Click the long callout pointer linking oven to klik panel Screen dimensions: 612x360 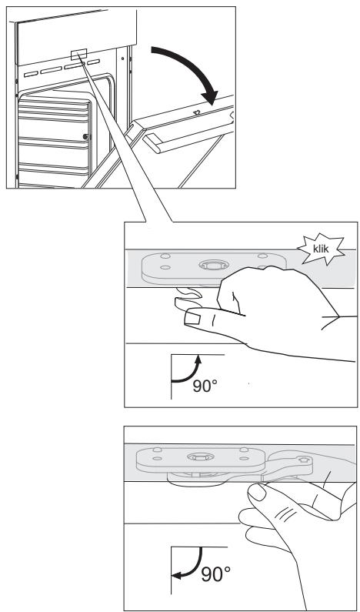point(127,139)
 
